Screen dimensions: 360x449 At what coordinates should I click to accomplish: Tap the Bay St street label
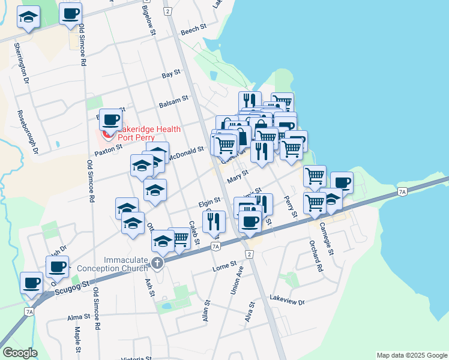pyautogui.click(x=171, y=74)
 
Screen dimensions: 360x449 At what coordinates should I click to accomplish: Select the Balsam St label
pyautogui.click(x=173, y=102)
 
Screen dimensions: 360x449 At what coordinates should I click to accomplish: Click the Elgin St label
pyautogui.click(x=210, y=203)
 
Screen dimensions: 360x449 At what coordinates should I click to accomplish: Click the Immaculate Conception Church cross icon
pyautogui.click(x=157, y=263)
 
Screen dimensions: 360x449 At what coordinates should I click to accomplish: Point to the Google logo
pyautogui.click(x=20, y=353)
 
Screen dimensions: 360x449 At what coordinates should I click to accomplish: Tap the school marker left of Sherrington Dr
pyautogui.click(x=28, y=18)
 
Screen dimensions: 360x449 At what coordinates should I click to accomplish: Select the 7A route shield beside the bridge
pyautogui.click(x=402, y=191)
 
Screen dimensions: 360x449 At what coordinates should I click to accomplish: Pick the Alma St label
pyautogui.click(x=78, y=316)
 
